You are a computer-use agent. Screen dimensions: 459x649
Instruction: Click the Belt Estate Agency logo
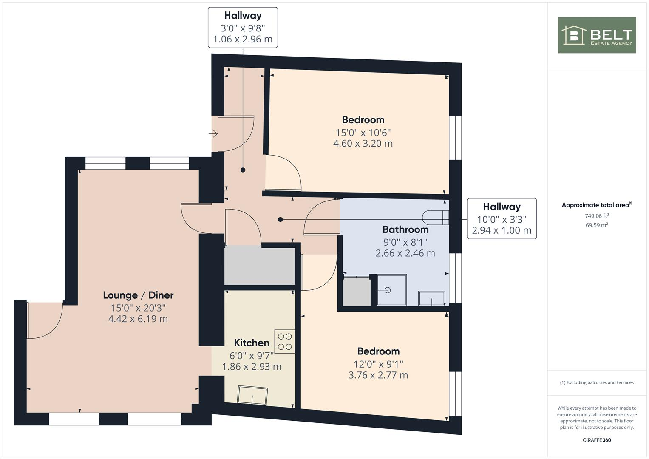(596, 35)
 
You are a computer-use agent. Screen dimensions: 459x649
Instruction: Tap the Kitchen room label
(252, 343)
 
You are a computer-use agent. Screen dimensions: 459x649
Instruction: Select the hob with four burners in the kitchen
(285, 342)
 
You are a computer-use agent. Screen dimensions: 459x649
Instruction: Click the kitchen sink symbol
(252, 396)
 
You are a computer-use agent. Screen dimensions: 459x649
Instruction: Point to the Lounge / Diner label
(138, 295)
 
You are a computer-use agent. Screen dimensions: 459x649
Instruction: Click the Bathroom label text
(405, 230)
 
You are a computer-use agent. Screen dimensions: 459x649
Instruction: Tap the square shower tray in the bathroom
(391, 290)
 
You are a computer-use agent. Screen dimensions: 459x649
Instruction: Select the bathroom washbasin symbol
(432, 298)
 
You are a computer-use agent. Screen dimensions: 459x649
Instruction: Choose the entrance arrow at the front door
(213, 134)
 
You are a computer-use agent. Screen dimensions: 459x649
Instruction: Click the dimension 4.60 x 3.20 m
(363, 144)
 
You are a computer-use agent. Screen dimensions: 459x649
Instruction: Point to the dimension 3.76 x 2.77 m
(378, 375)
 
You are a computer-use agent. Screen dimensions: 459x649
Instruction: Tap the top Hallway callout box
(243, 27)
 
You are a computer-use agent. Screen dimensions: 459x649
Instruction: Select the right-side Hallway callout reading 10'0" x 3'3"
(502, 219)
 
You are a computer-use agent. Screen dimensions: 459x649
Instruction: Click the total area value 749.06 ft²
(597, 216)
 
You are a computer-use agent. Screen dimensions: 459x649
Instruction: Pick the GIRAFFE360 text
(596, 440)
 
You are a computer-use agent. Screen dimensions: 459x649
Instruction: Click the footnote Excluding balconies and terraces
(597, 382)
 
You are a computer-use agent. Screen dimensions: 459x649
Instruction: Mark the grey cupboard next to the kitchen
(260, 266)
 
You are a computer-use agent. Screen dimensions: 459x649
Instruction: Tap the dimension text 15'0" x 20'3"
(138, 307)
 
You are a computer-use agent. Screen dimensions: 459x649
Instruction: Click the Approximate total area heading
(596, 205)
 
